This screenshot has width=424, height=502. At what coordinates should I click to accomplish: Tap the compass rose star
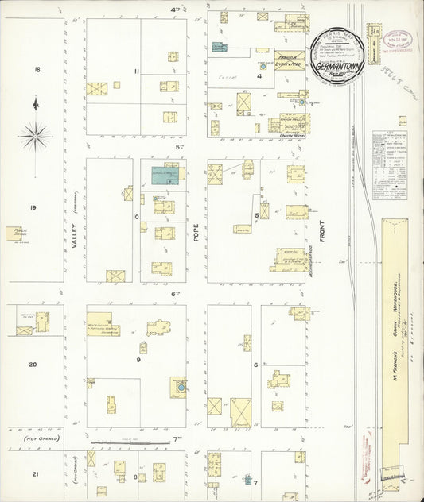coord(35,136)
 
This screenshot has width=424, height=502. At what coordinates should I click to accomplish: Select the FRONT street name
coord(322,234)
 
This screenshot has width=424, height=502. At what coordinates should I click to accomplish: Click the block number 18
coord(37,71)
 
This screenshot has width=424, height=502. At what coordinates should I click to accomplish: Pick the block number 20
coord(33,365)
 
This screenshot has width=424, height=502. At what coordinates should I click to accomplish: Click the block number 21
coord(35,474)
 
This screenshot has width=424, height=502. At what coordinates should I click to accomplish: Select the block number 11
coord(137,71)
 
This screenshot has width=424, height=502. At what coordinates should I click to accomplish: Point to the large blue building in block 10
coord(165,175)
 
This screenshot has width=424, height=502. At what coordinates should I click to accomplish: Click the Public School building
coord(16,233)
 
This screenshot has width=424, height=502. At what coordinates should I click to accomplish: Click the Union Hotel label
coord(293,137)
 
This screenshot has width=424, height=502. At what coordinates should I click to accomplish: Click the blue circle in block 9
coord(181,387)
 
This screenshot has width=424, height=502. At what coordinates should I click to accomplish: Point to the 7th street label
coord(177,438)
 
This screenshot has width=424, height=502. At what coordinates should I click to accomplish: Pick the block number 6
coord(256,365)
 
